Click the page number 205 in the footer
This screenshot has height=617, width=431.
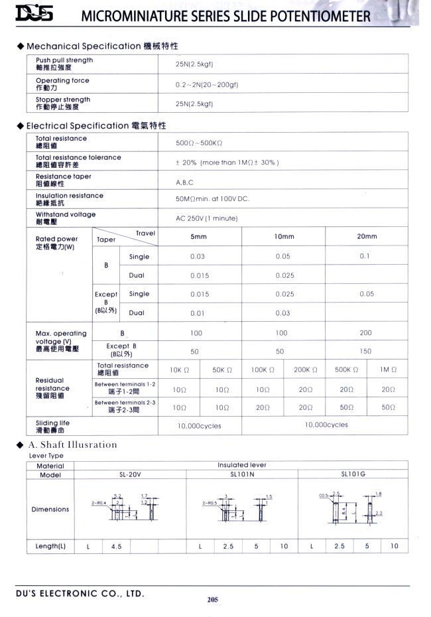[x=212, y=600]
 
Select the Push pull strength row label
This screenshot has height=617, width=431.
[x=64, y=64]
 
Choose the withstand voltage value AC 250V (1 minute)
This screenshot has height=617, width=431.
[x=206, y=218]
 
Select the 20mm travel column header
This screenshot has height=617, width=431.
[x=367, y=236]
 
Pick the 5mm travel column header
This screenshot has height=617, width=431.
[x=199, y=236]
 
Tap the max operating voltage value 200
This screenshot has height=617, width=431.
[x=366, y=333]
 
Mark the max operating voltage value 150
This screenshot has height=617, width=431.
[x=366, y=352]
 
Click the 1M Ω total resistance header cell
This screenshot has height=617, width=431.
[x=389, y=370]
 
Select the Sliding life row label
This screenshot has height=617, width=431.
[x=52, y=425]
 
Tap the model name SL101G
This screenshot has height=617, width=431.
[x=352, y=474]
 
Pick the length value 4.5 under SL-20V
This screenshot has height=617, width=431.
[x=117, y=546]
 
